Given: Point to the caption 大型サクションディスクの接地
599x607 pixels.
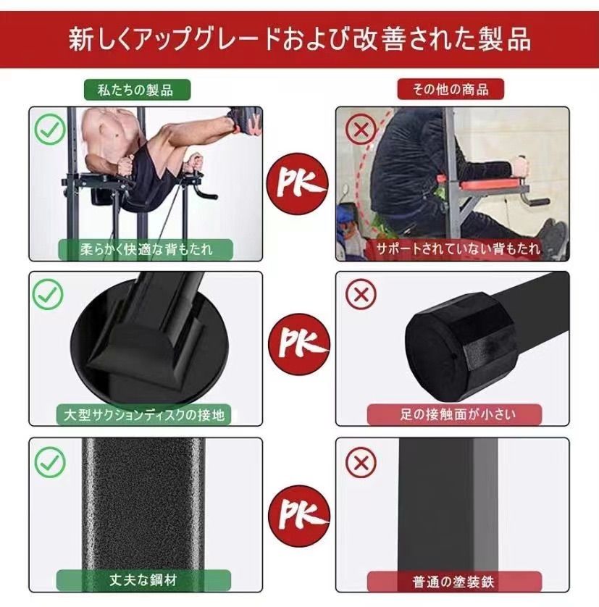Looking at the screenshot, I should pyautogui.click(x=148, y=415).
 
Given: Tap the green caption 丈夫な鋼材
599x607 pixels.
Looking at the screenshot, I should pyautogui.click(x=146, y=580).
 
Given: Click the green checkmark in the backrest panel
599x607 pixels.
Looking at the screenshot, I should pyautogui.click(x=49, y=131).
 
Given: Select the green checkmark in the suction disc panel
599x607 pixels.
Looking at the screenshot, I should pyautogui.click(x=49, y=293).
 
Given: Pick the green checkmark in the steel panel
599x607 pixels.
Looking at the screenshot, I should pyautogui.click(x=49, y=461).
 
